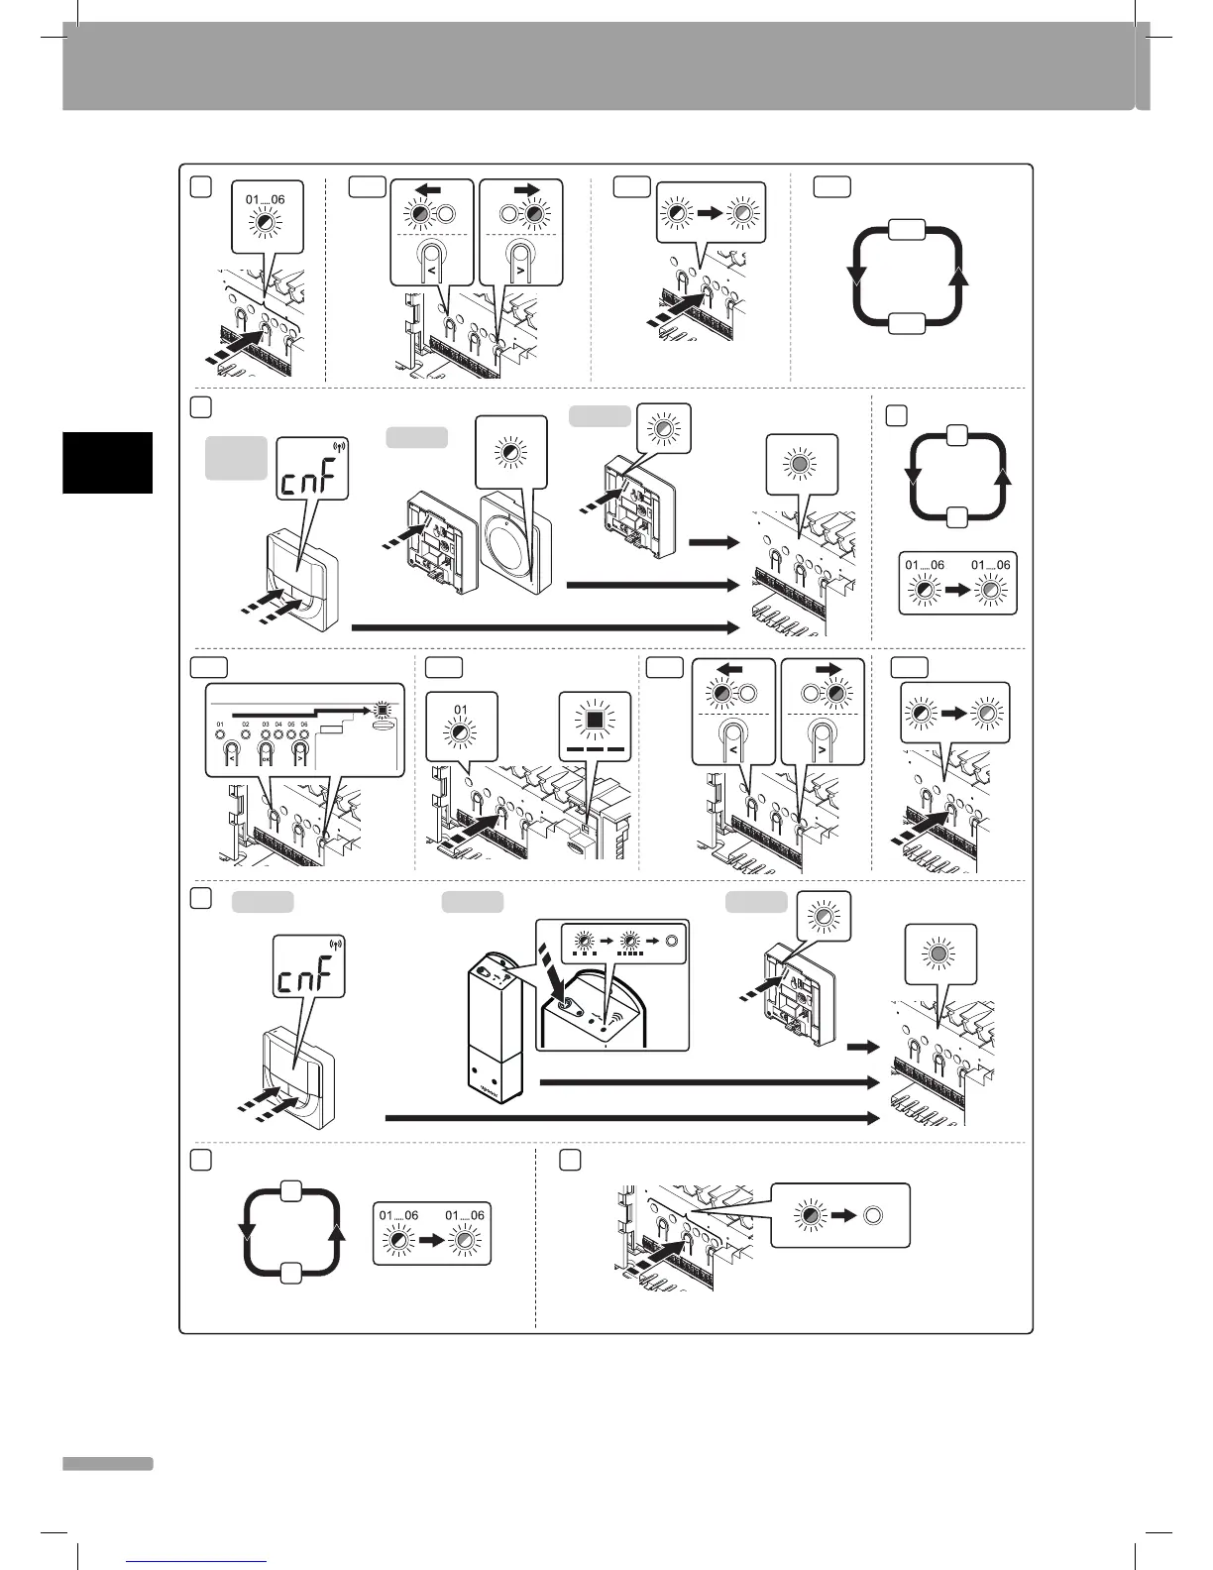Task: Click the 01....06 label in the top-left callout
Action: click(x=265, y=199)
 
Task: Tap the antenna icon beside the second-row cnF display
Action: click(x=343, y=447)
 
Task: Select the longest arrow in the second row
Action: click(x=545, y=627)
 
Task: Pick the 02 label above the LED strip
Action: click(x=246, y=726)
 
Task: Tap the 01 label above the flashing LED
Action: click(x=461, y=709)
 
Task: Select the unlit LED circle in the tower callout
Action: click(x=670, y=941)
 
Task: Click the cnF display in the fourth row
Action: click(x=308, y=979)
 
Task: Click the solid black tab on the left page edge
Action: click(x=108, y=462)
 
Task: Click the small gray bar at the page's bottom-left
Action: click(x=108, y=1464)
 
